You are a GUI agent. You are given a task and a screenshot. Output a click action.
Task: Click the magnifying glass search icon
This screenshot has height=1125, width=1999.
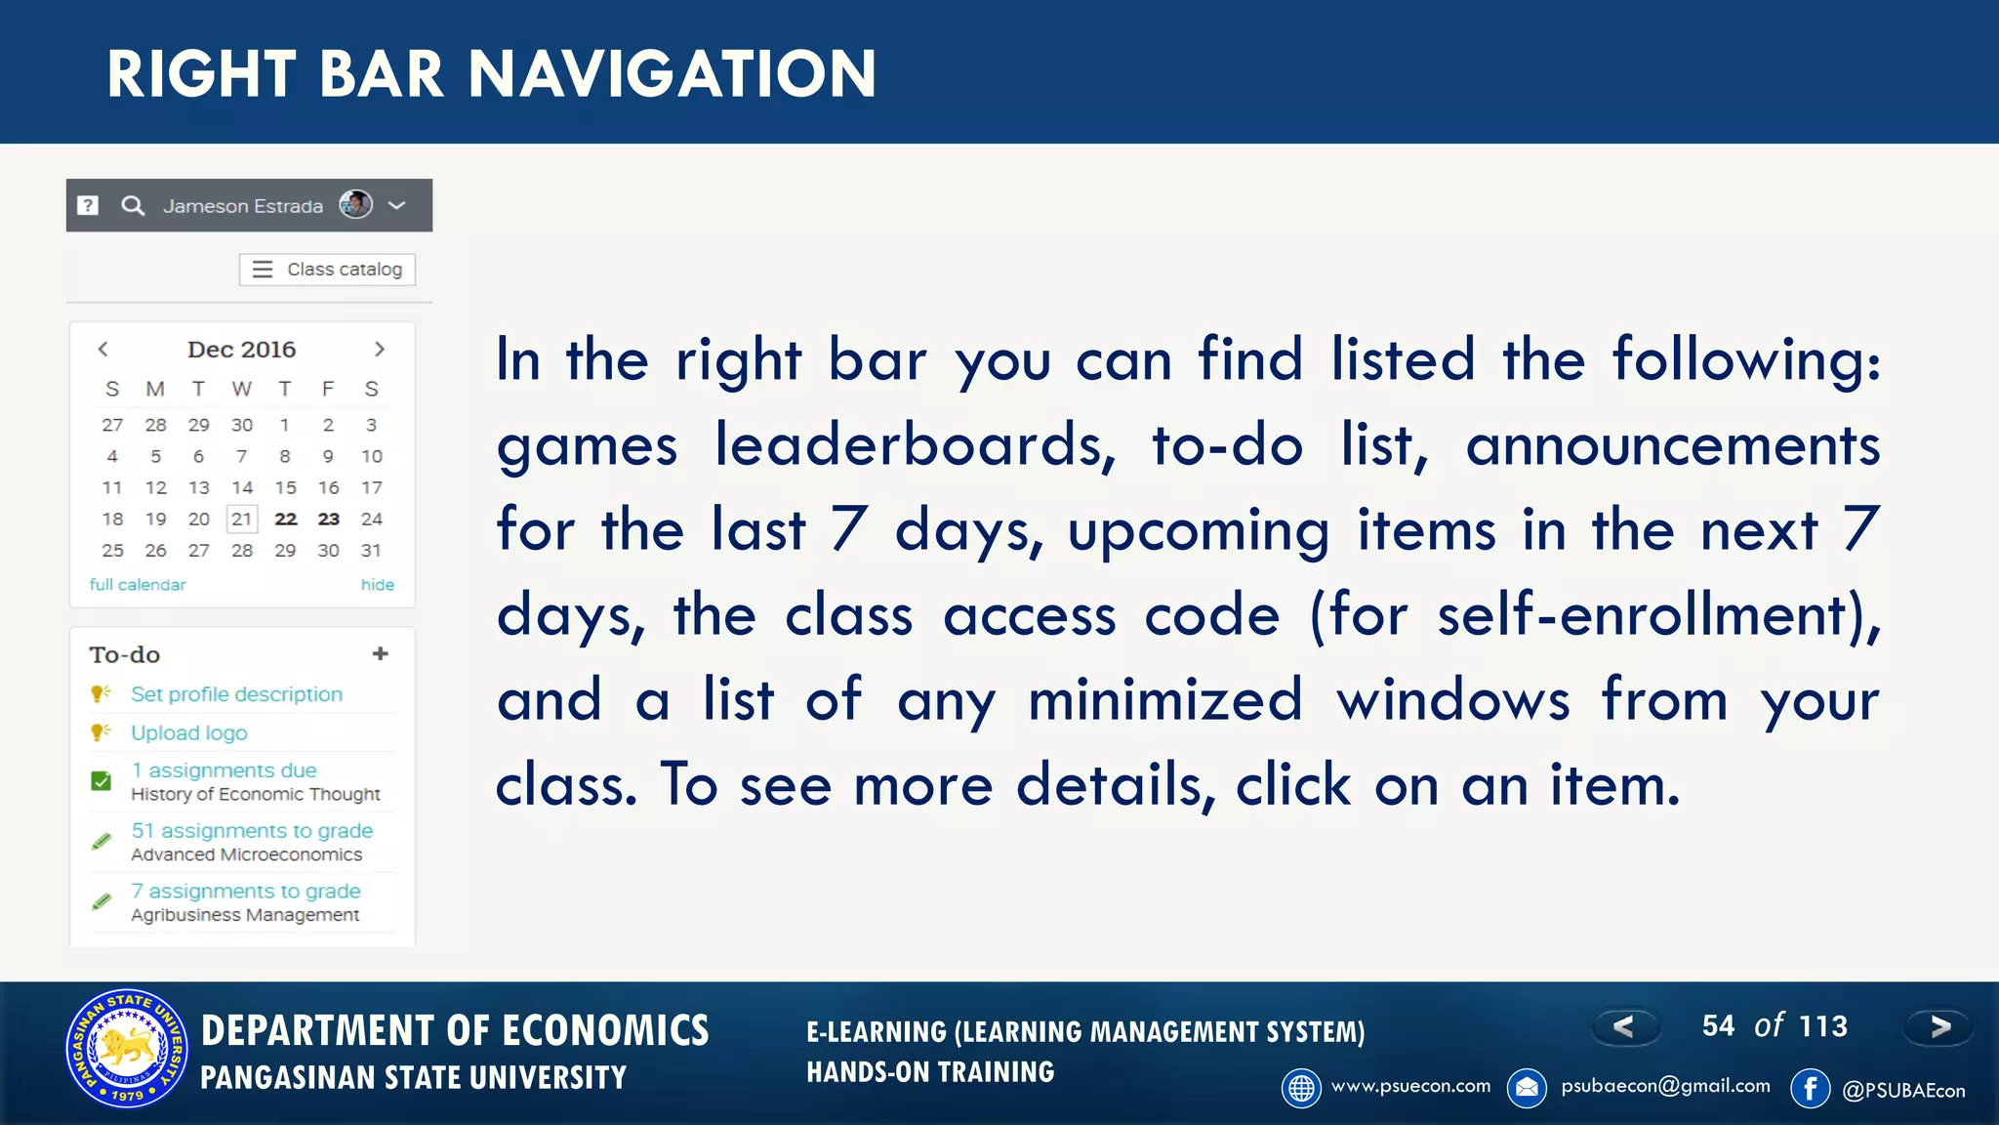coord(133,206)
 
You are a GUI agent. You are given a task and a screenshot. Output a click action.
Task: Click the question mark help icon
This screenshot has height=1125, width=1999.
coord(88,205)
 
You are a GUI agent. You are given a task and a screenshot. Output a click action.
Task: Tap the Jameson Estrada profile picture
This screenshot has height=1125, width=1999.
coord(355,204)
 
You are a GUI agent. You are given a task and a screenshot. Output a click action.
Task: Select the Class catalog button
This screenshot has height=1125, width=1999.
coord(327,270)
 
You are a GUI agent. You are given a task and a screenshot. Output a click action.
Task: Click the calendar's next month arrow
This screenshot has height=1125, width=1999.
coord(380,349)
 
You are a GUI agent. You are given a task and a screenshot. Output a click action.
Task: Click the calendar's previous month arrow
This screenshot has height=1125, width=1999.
coord(102,349)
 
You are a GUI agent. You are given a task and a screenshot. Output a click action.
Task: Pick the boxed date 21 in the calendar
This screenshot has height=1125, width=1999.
coord(242,519)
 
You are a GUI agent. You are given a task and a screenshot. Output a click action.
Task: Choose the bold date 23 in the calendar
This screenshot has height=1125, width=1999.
coord(328,519)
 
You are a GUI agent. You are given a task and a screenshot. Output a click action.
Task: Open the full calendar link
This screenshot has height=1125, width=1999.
coord(138,585)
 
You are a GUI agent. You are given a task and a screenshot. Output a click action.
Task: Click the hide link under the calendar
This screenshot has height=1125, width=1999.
coord(377,585)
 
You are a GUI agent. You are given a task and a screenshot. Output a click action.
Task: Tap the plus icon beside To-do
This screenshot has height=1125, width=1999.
coord(381,653)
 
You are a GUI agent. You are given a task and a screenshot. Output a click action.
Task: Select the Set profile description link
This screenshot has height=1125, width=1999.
coord(236,694)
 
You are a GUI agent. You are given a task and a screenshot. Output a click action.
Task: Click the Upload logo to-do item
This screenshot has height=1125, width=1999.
coord(189,732)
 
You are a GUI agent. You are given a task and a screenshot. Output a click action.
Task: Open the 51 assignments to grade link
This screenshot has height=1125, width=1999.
coord(252,831)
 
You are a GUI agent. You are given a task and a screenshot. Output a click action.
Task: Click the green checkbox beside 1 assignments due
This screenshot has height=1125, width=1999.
coord(101,780)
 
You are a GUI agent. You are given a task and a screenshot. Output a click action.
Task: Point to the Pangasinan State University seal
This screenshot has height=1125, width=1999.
coord(127,1049)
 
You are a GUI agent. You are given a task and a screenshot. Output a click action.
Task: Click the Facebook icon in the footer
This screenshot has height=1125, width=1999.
coord(1810,1088)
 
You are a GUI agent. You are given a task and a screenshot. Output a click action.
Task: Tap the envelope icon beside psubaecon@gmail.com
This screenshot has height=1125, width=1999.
coord(1527,1088)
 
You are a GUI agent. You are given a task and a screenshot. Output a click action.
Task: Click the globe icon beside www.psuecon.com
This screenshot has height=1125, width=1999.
coord(1301,1088)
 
